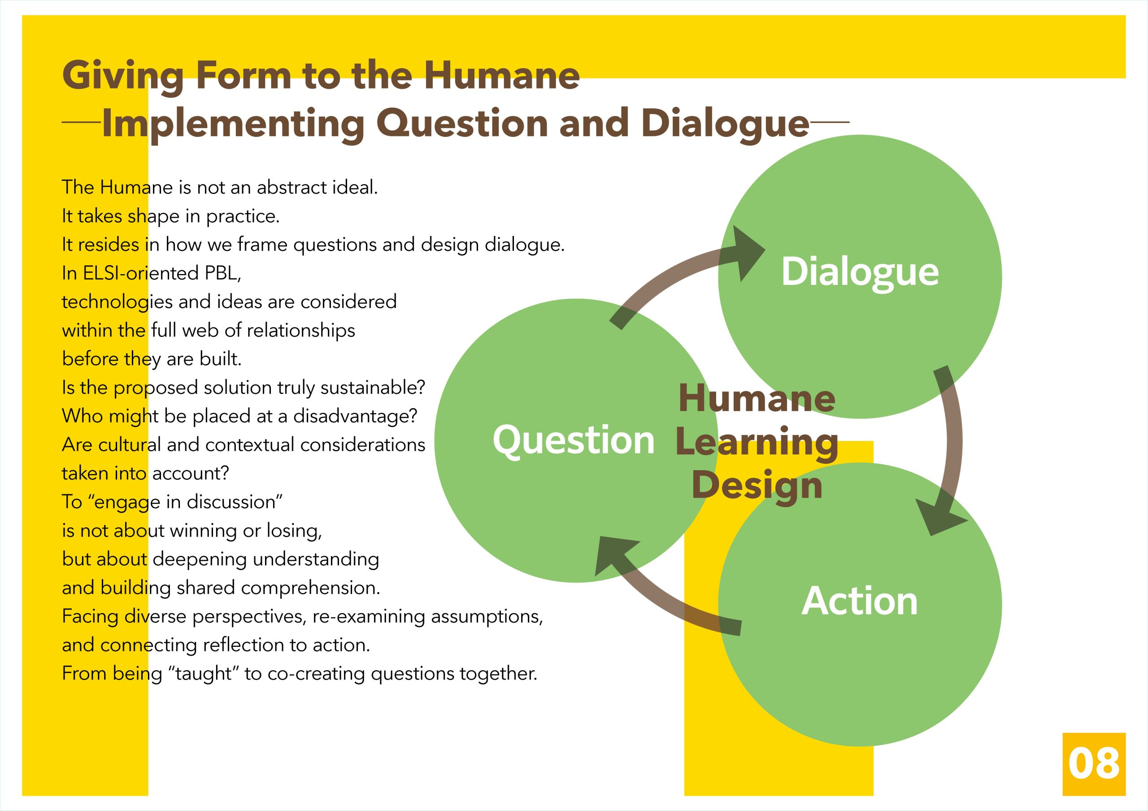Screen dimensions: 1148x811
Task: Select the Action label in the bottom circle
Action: click(860, 601)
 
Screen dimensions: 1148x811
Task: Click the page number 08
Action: click(1094, 763)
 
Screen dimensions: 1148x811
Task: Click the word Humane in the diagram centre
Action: click(757, 399)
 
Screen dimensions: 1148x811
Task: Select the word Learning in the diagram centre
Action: click(757, 443)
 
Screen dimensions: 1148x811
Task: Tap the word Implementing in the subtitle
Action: click(233, 125)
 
